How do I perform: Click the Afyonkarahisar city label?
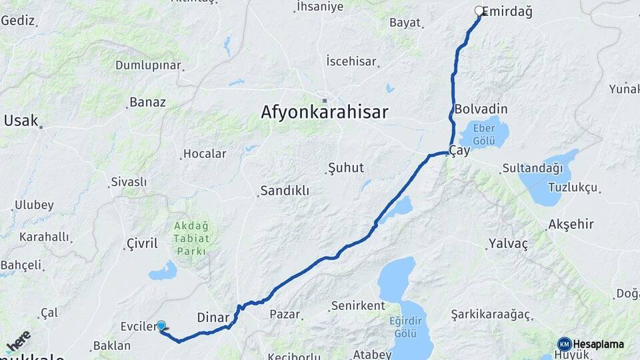click(x=324, y=112)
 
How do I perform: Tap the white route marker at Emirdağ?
click(x=479, y=11)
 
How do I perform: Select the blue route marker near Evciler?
click(x=161, y=325)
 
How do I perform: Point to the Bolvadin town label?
click(x=481, y=109)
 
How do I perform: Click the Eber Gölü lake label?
click(x=482, y=135)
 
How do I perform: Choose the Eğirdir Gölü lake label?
click(x=406, y=326)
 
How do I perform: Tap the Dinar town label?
click(x=213, y=317)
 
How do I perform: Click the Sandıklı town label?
click(x=285, y=191)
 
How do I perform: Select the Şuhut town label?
click(x=346, y=168)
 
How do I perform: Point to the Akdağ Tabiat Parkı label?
click(x=192, y=239)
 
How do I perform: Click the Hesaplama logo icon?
click(x=565, y=344)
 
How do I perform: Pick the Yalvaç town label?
click(x=507, y=244)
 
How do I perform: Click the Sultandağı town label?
click(x=533, y=168)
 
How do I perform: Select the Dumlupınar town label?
click(x=148, y=65)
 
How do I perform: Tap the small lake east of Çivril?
click(x=163, y=271)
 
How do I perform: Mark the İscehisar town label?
click(x=351, y=61)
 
